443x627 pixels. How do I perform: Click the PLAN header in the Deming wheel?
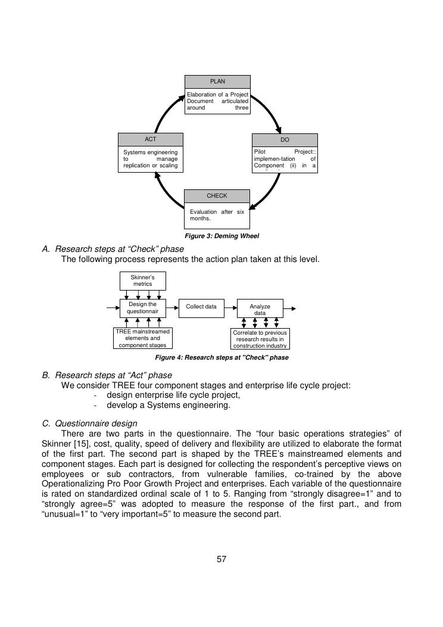(x=217, y=82)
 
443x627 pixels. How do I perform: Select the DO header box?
(x=285, y=139)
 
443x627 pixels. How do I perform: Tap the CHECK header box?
(x=217, y=196)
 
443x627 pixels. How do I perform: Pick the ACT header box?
(x=151, y=139)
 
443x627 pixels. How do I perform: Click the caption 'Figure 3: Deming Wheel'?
(x=221, y=236)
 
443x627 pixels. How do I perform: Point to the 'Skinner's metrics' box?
(x=143, y=280)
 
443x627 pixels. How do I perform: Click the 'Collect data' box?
(x=201, y=307)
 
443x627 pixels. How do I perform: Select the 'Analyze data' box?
(x=260, y=310)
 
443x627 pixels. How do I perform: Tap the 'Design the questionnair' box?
(x=143, y=308)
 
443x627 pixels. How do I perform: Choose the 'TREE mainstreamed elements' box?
(x=143, y=338)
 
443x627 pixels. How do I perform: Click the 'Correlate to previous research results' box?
(x=260, y=339)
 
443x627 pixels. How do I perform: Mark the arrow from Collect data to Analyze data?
(x=230, y=307)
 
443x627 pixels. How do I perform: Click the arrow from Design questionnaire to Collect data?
(x=172, y=307)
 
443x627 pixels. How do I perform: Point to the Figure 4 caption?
(x=221, y=358)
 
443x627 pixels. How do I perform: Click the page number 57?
(x=221, y=559)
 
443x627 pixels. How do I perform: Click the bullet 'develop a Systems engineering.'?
(x=168, y=405)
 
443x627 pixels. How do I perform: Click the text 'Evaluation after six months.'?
(x=217, y=215)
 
